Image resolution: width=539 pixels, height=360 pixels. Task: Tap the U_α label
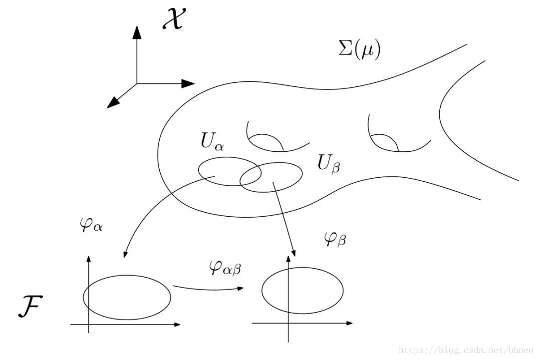(x=213, y=142)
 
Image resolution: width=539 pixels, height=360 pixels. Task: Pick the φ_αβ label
(x=225, y=268)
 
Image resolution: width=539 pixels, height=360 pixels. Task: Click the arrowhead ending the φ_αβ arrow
(x=241, y=289)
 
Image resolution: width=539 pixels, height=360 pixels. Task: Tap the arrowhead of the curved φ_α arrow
(x=124, y=254)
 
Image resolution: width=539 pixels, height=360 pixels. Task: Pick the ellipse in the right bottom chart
(x=302, y=292)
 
